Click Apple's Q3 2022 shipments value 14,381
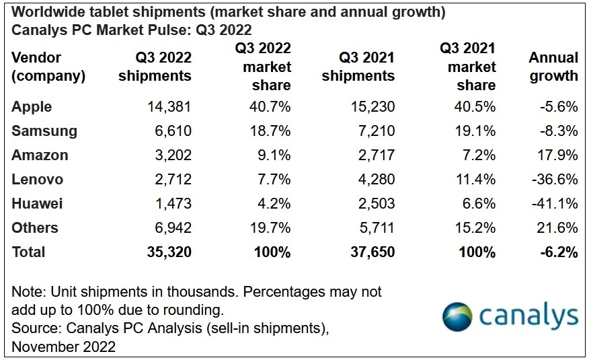click(168, 107)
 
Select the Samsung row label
click(44, 131)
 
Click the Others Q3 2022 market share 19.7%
click(270, 228)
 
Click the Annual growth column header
click(553, 67)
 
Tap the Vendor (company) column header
click(48, 67)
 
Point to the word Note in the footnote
click(26, 292)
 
